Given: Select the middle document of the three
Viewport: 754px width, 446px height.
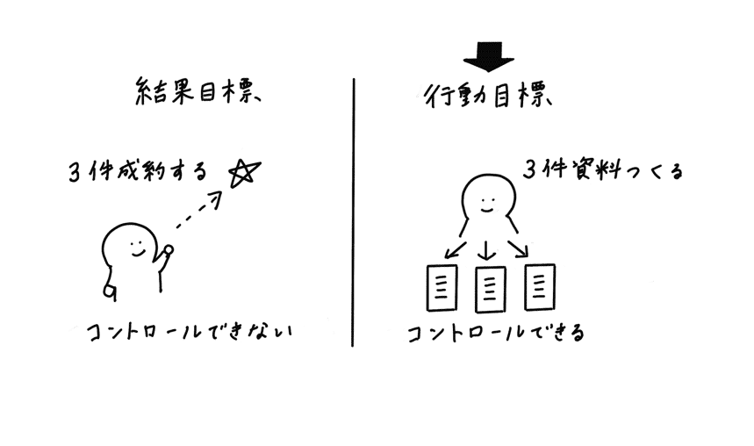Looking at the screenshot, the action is point(488,288).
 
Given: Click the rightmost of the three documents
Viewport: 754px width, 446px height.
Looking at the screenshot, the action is point(540,286).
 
